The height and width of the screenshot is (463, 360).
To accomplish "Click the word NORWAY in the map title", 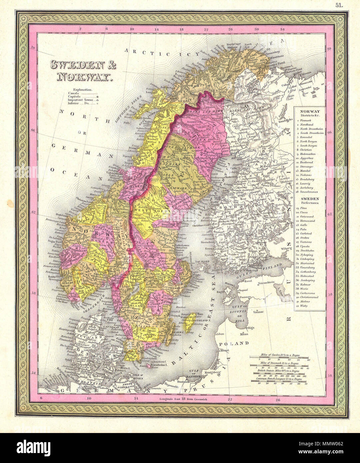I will point(83,78).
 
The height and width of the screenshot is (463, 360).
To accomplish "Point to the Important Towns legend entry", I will point(80,100).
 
